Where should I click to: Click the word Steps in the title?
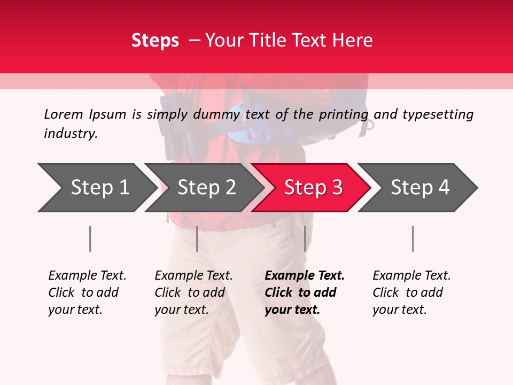point(155,40)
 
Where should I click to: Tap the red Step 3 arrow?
point(313,188)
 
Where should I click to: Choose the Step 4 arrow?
point(420,188)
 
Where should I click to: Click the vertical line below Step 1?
point(90,238)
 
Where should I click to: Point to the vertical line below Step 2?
point(197,238)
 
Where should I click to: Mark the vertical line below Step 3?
point(305,238)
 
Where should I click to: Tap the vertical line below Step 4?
point(413,238)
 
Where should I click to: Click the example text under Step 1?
point(87,292)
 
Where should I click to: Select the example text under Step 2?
point(193,292)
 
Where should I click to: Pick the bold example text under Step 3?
point(304,292)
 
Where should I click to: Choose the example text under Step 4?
point(411,292)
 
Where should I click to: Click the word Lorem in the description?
point(63,114)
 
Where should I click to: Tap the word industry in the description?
point(71,134)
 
